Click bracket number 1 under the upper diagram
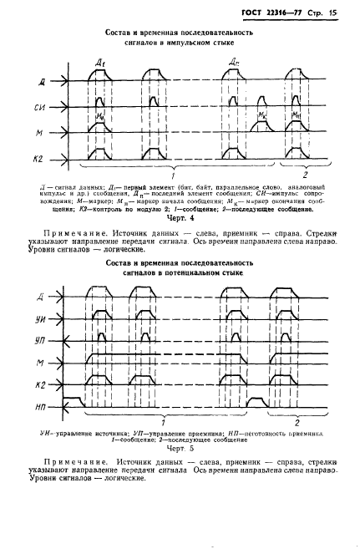pos(173,177)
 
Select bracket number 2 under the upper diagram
pos(304,177)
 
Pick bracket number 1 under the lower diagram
pos(163,423)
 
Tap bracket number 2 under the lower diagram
pos(297,423)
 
